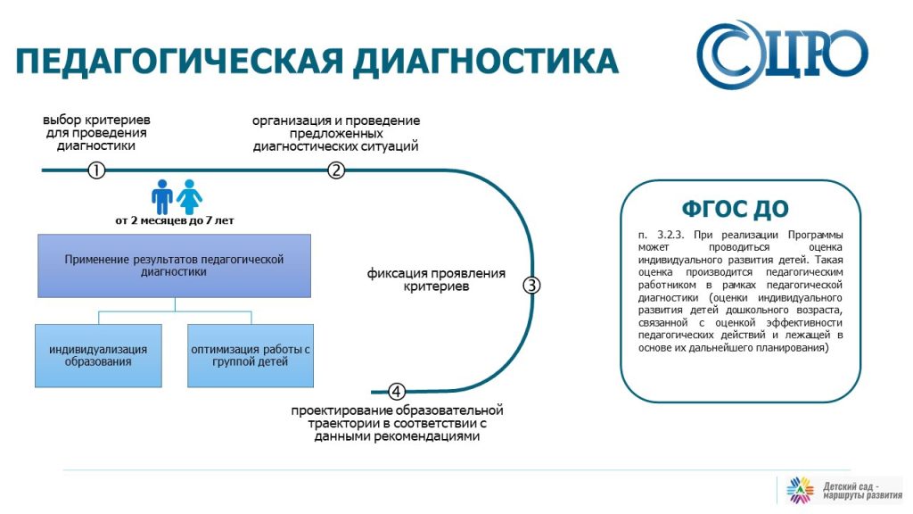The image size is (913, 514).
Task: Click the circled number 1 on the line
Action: click(96, 170)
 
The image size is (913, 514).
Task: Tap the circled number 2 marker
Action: click(336, 170)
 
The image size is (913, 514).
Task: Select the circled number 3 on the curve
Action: click(531, 286)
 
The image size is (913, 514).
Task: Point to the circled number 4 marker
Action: click(396, 392)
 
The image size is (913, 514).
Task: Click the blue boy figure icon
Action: click(162, 197)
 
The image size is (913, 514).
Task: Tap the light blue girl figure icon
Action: click(189, 197)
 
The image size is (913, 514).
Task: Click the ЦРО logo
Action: click(782, 54)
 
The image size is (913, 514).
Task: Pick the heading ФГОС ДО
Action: click(735, 209)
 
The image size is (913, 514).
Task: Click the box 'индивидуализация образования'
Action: click(98, 355)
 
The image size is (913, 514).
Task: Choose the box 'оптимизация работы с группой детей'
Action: click(251, 355)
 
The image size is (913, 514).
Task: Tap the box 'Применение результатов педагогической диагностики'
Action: click(174, 266)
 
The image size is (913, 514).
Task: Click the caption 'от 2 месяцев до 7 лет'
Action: click(175, 221)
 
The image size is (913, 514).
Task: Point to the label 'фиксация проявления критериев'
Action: click(436, 279)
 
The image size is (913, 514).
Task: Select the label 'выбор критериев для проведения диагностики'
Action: click(96, 133)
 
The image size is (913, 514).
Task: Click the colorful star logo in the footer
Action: click(800, 490)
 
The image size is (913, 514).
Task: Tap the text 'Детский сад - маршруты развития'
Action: click(862, 491)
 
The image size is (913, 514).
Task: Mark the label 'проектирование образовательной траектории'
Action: click(397, 417)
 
